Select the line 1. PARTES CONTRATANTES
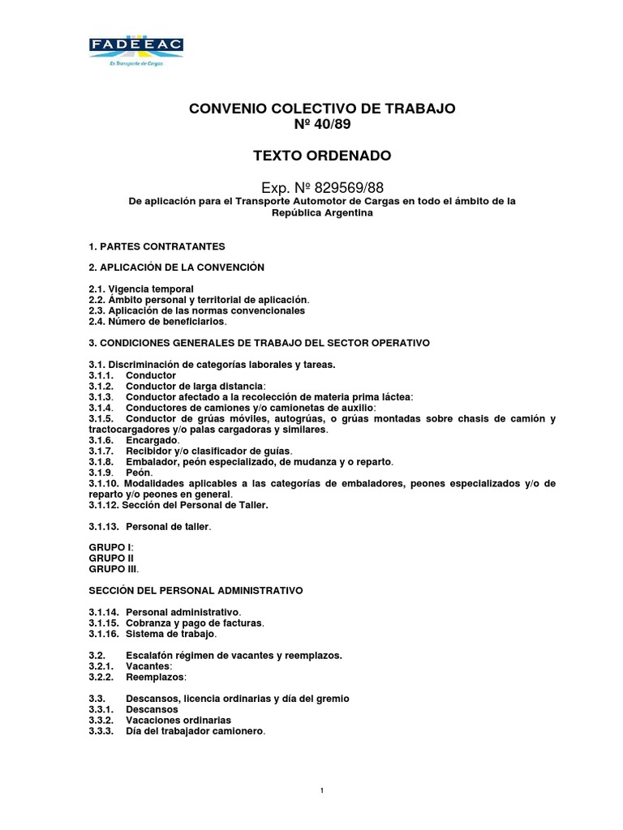coord(156,245)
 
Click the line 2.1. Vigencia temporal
coord(141,289)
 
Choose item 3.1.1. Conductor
coord(132,376)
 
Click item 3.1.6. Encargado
coord(134,439)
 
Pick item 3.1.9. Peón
coord(122,472)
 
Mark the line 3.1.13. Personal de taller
coord(150,526)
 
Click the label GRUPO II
coord(111,558)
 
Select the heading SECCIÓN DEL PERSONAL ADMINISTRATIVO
coord(195,591)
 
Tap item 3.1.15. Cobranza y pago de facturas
coord(177,622)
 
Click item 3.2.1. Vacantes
coord(131,665)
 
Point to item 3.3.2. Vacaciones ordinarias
coord(160,720)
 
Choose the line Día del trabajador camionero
coord(195,730)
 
